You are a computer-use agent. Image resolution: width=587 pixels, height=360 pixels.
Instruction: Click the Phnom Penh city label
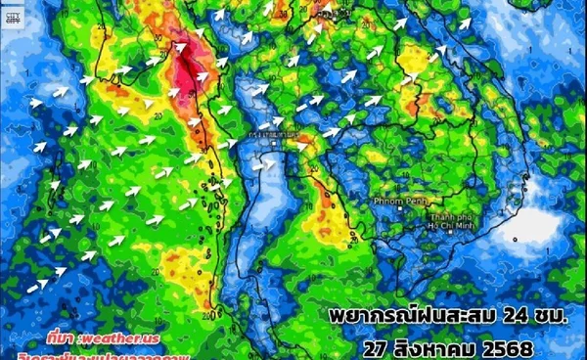[394, 201]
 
